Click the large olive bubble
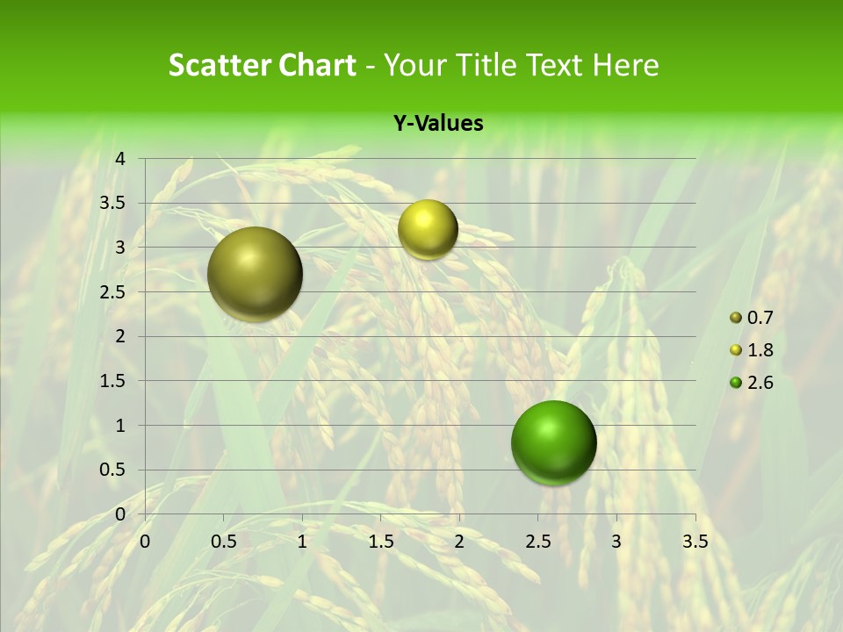click(256, 274)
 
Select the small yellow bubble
click(428, 229)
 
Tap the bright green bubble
click(554, 442)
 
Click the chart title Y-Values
click(437, 124)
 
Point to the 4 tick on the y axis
click(120, 159)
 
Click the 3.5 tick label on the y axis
click(112, 203)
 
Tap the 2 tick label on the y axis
click(120, 336)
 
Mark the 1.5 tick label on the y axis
click(112, 381)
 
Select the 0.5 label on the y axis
click(112, 470)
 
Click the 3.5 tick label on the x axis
click(695, 542)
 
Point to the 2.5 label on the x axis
click(537, 542)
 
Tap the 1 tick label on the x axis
click(302, 542)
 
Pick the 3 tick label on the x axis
click(616, 542)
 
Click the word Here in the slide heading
click(625, 65)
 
